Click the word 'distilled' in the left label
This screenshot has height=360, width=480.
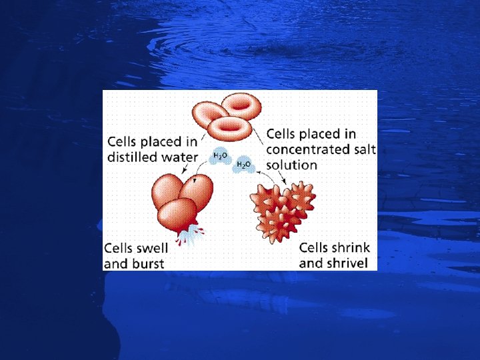click(x=131, y=157)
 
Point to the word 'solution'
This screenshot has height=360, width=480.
click(x=291, y=165)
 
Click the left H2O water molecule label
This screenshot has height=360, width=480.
click(x=220, y=157)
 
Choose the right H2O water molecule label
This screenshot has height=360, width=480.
click(x=244, y=164)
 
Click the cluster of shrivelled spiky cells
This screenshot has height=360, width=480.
click(x=281, y=207)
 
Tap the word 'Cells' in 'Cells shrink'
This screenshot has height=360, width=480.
click(x=313, y=248)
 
